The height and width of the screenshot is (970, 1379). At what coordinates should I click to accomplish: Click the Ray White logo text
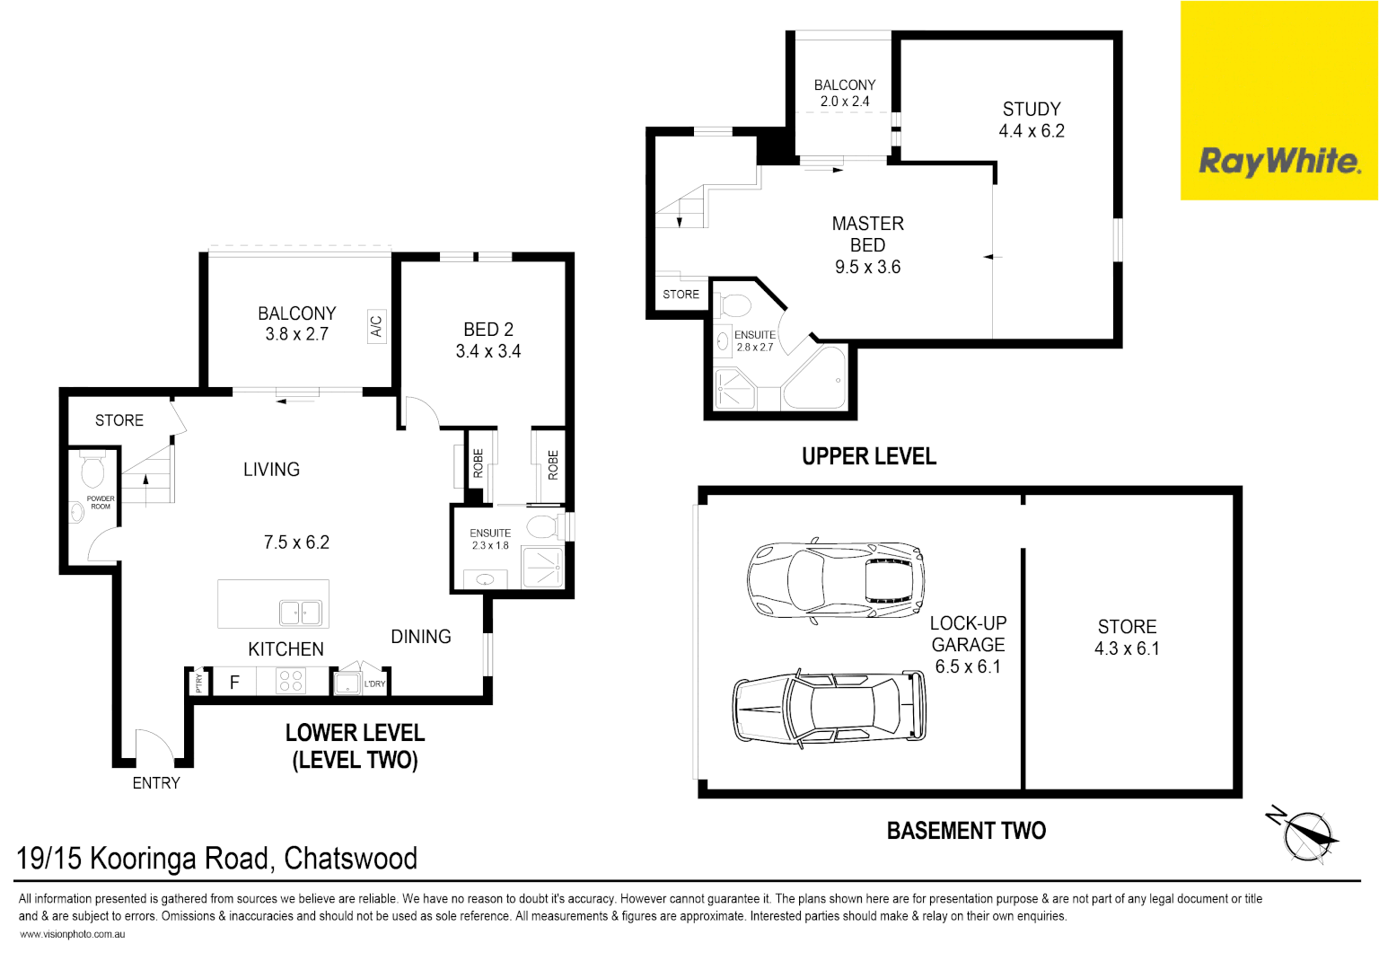1279,162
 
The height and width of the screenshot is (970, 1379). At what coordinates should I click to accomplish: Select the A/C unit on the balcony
376,325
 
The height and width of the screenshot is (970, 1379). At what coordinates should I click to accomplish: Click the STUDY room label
1032,110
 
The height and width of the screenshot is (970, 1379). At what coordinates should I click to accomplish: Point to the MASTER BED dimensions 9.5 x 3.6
867,267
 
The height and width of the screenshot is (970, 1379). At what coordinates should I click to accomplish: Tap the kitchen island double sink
301,613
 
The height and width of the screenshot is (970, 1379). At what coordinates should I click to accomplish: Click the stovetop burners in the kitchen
290,681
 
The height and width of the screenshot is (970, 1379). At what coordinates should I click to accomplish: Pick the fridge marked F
234,683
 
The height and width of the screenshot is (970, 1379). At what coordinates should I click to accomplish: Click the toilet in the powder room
92,470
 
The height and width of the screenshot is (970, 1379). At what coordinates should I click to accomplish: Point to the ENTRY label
156,783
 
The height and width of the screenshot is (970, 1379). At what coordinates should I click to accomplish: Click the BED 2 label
488,330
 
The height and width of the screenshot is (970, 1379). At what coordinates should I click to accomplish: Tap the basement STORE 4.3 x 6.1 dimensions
1127,648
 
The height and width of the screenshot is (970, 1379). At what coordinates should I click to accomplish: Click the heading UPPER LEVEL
868,456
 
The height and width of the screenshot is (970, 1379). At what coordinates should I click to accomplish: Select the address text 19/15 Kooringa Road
216,859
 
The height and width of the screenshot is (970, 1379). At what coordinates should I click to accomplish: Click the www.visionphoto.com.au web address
72,934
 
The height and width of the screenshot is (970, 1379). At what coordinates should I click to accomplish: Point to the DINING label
421,637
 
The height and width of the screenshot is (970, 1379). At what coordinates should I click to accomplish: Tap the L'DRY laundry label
374,684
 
